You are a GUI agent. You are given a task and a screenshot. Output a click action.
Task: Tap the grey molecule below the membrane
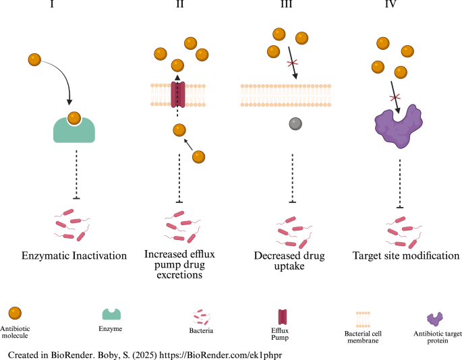click(x=295, y=123)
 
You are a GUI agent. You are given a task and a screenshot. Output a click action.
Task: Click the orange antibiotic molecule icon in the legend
click(x=15, y=313)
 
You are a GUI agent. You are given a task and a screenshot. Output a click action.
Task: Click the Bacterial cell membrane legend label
click(x=363, y=335)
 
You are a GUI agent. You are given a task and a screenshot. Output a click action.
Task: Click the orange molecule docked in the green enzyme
click(x=76, y=117)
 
